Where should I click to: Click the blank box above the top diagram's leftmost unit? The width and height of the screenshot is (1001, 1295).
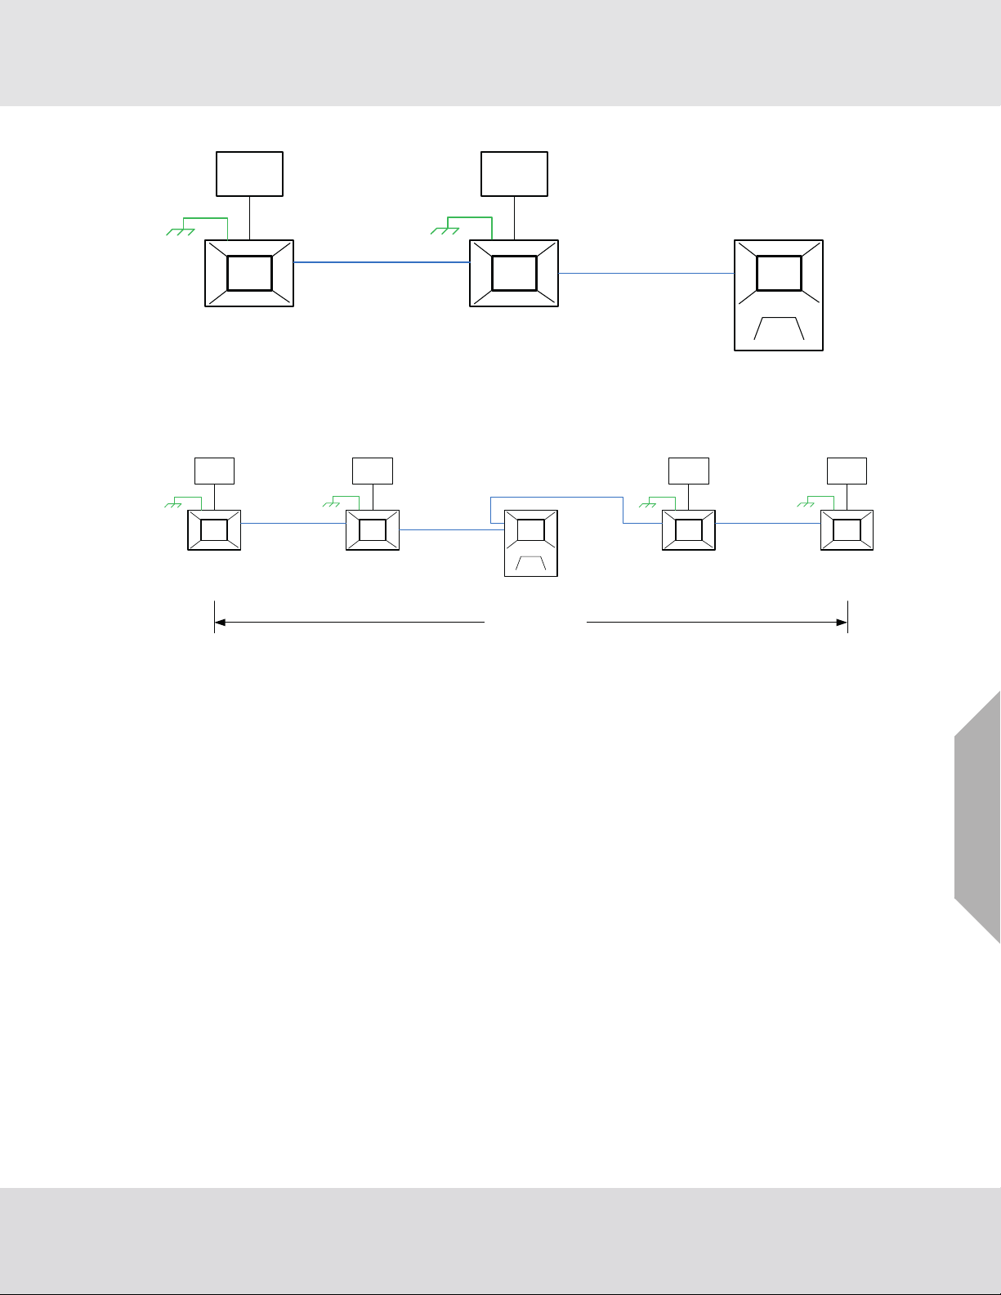(x=249, y=173)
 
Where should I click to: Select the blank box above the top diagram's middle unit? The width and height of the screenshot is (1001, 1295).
(x=514, y=173)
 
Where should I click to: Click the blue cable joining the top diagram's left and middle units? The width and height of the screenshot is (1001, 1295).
(x=381, y=262)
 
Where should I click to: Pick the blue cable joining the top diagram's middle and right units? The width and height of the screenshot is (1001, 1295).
(x=646, y=273)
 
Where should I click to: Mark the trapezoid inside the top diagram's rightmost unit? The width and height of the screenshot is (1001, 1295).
(x=779, y=328)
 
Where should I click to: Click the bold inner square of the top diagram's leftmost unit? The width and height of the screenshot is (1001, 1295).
(x=249, y=273)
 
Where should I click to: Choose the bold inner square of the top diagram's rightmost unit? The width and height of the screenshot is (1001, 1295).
(x=779, y=273)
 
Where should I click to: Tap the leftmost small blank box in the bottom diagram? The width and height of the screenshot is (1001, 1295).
(x=214, y=471)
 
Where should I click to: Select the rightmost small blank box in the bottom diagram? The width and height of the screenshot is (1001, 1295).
(x=847, y=471)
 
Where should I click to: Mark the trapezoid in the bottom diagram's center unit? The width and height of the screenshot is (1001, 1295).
(x=531, y=563)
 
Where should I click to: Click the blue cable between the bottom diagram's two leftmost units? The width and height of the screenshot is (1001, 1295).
(x=293, y=524)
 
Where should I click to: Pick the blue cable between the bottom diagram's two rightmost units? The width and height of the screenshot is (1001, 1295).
(x=767, y=524)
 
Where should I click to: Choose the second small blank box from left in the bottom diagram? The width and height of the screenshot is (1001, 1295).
(x=373, y=471)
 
